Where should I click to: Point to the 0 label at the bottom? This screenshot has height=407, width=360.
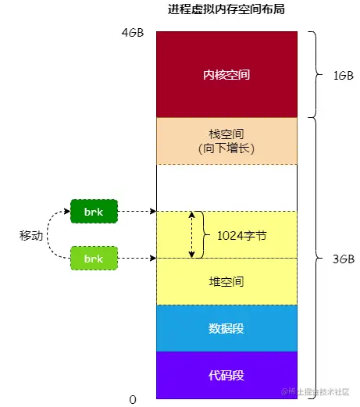coord(133,399)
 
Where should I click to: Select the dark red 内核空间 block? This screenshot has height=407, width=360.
coord(226,75)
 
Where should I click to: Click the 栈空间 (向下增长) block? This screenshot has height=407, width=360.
coord(226,141)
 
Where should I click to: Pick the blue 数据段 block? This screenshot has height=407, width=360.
coord(226,328)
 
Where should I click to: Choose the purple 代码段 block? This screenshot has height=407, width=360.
coord(226,375)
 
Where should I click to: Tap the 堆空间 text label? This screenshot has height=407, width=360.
coord(226,282)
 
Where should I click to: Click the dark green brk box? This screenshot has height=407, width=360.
coord(94,211)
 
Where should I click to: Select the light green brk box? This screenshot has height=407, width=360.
coord(94,258)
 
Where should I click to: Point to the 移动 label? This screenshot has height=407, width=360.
coord(31,234)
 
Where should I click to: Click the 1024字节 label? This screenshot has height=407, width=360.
coord(241,234)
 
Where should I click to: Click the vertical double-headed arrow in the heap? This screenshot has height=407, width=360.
coord(192,234)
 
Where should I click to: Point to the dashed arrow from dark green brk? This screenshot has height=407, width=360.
coord(137,211)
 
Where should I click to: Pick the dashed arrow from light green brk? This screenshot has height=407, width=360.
coord(137,258)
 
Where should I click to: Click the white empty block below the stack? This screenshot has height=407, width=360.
coord(226,187)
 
